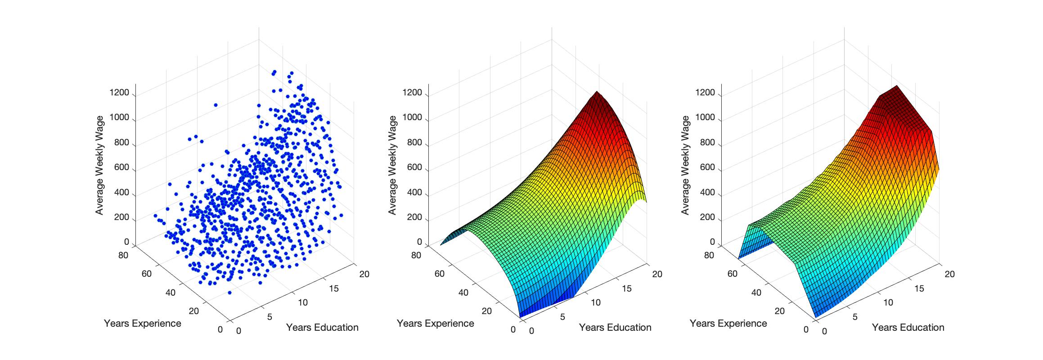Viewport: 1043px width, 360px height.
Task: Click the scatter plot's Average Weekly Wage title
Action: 99,165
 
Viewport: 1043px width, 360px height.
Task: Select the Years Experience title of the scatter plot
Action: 142,324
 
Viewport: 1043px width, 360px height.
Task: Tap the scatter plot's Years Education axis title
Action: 322,328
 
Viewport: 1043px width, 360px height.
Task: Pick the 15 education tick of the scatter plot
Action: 334,288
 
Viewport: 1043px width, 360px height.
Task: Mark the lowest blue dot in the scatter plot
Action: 229,292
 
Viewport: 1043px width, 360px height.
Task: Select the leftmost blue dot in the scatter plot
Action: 155,216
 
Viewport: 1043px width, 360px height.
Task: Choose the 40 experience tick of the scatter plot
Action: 170,292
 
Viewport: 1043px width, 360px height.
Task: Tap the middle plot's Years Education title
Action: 615,328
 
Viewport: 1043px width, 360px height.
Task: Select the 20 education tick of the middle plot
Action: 657,274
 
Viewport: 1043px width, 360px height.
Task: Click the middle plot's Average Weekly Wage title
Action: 392,165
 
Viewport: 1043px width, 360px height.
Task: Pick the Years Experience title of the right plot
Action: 728,324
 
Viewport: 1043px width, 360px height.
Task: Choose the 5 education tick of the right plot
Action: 855,317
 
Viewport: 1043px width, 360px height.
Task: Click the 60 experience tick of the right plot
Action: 732,274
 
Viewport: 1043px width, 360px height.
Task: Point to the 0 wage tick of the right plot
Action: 712,242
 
